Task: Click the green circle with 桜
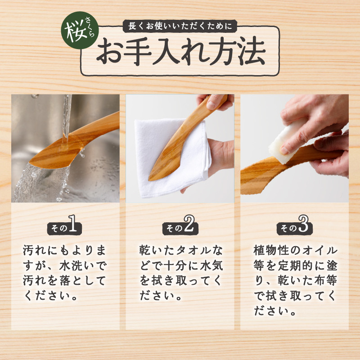(80, 30)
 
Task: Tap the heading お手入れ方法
(181, 51)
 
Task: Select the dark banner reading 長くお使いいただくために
(180, 26)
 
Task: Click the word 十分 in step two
(175, 266)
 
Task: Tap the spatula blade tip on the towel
(152, 178)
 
